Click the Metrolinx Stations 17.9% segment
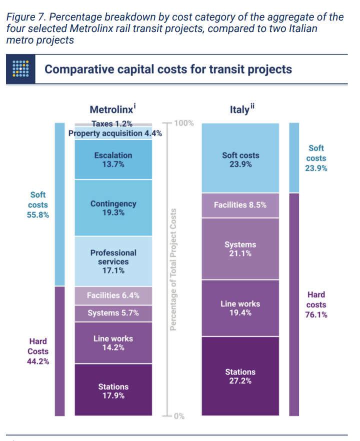coord(113,390)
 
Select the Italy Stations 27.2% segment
coord(240,376)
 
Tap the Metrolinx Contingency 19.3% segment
coord(113,208)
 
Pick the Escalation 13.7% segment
coord(113,159)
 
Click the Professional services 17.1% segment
coord(113,261)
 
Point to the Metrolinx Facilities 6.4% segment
coord(113,295)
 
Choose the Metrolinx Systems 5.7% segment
coord(113,313)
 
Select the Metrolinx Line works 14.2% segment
coord(113,342)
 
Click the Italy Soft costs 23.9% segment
coord(240,159)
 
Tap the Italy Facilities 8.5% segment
coord(240,205)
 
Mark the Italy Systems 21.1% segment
coord(240,249)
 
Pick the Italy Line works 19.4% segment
coord(240,308)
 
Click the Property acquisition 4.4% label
coord(115,133)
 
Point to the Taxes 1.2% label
coord(112,123)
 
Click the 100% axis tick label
coord(183,123)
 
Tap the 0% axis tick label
coord(179,416)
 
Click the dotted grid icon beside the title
coord(20,69)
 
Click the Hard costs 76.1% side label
coord(316,304)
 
